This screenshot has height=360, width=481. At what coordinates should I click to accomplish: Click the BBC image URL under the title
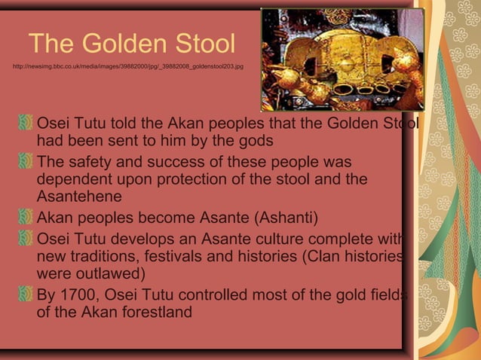128,67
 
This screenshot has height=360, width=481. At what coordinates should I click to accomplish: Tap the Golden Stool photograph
342,59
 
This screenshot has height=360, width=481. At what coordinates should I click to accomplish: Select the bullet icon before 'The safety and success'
27,162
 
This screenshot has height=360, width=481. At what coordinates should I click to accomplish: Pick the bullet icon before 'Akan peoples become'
27,218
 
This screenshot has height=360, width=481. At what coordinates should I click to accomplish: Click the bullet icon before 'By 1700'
27,294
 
